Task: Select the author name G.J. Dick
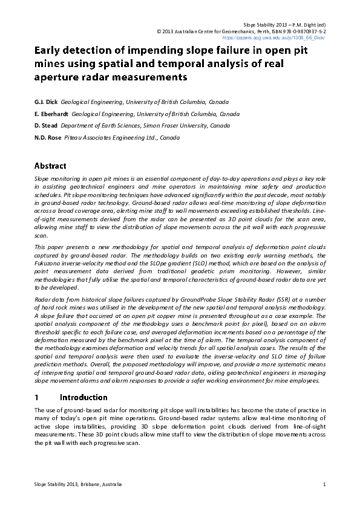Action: pyautogui.click(x=46, y=102)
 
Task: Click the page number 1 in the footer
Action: pyautogui.click(x=325, y=484)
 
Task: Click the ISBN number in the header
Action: pyautogui.click(x=303, y=30)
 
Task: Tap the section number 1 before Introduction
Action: pyautogui.click(x=37, y=397)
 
